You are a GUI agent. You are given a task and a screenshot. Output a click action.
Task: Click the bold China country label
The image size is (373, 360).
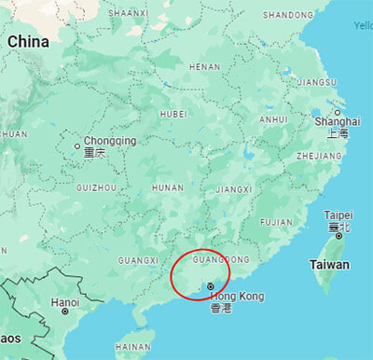coord(28,42)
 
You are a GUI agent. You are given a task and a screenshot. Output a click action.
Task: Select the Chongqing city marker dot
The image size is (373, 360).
coord(77,146)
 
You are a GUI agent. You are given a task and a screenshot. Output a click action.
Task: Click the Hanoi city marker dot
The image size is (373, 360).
coord(65,312)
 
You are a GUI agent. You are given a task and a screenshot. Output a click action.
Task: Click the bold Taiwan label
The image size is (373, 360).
coord(330,265)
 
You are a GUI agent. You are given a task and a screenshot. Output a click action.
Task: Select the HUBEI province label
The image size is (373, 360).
coord(173,114)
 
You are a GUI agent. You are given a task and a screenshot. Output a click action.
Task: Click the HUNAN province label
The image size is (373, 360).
coord(168,187)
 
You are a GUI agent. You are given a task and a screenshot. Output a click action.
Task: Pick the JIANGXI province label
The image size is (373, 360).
coord(234,189)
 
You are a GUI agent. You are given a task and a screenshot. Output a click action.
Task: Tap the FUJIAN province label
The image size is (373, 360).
coord(276,222)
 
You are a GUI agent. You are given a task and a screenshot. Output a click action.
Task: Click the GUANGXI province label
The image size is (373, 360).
coord(137,259)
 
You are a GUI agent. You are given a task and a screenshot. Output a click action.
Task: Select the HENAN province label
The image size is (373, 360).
coord(205,67)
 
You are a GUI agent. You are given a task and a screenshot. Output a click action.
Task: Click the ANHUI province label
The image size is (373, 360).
coord(273,120)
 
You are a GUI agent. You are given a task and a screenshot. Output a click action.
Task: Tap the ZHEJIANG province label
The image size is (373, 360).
coord(320,157)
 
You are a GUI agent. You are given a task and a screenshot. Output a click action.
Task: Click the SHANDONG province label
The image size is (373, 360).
coord(288,15)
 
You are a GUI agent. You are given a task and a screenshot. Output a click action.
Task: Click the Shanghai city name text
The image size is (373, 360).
coord(338,122)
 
